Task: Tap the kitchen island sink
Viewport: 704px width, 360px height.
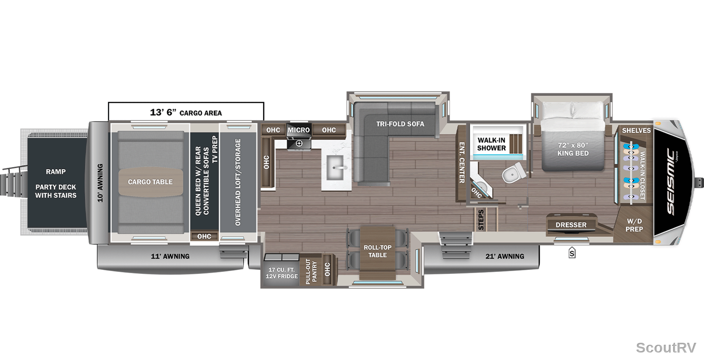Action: tap(335, 167)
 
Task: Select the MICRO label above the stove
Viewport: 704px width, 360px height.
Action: tap(299, 130)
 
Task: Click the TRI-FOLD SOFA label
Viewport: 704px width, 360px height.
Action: tap(400, 124)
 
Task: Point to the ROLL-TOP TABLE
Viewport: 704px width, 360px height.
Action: tap(377, 251)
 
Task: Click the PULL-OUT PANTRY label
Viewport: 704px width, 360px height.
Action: tap(311, 271)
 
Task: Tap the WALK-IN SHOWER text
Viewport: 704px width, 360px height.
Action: tap(491, 144)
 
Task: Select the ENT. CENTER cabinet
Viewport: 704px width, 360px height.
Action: tap(462, 163)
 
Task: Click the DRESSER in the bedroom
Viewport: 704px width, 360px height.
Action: tap(571, 225)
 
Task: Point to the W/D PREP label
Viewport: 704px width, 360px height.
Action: tap(634, 225)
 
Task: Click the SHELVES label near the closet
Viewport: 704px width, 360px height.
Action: tap(636, 131)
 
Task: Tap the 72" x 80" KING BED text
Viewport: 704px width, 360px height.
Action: tap(573, 149)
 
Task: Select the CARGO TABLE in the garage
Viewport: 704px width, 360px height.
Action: tap(151, 182)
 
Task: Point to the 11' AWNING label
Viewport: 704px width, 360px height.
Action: tap(170, 257)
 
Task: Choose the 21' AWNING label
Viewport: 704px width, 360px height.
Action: tap(505, 257)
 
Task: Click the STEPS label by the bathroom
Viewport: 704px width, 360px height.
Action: tap(481, 220)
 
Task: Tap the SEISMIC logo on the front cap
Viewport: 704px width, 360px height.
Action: tap(671, 182)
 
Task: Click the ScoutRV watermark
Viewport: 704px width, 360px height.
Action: tap(666, 347)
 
